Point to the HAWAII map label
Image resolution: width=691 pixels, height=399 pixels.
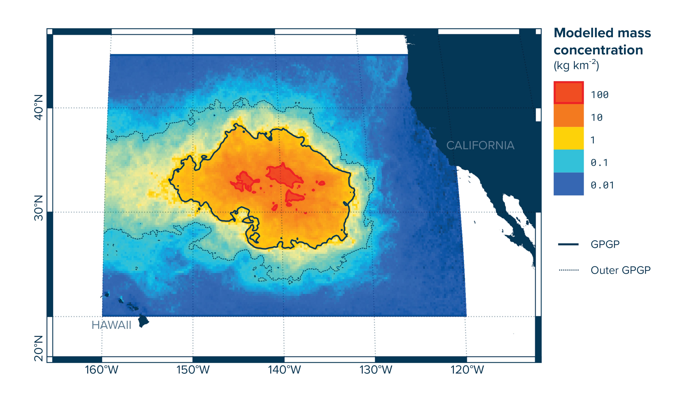(x=111, y=325)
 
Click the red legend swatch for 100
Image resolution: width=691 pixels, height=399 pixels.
(x=568, y=93)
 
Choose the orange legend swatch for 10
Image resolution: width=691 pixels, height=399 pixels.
(x=568, y=115)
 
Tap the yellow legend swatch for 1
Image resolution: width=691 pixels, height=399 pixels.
(x=568, y=138)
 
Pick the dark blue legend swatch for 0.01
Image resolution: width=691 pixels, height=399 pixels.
(x=568, y=184)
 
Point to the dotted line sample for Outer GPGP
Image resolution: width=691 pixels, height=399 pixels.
(x=568, y=270)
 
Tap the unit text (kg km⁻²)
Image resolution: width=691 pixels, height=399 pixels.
(x=576, y=65)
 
